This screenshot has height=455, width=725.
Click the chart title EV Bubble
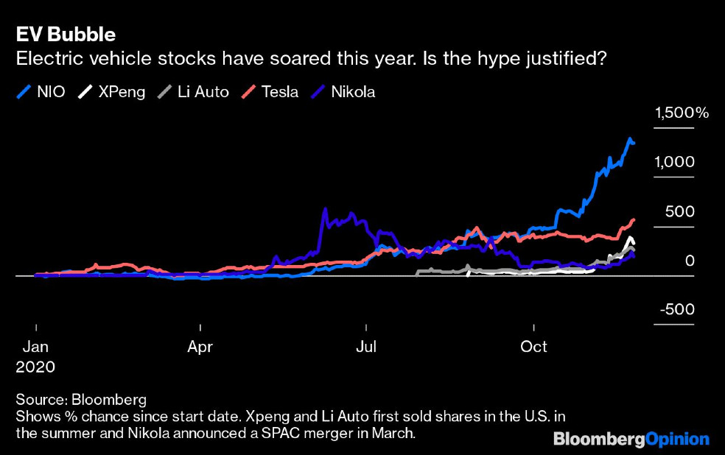(66, 35)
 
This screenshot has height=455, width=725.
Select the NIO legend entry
(41, 91)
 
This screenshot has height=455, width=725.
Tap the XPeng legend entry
(111, 92)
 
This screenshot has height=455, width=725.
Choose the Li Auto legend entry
(193, 91)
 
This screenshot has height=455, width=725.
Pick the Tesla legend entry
(270, 91)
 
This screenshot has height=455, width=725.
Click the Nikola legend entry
(343, 91)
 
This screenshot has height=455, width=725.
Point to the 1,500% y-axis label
(682, 113)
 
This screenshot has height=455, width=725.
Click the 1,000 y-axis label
(674, 162)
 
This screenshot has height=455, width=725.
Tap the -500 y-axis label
(677, 309)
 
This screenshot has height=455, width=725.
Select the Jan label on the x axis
(35, 347)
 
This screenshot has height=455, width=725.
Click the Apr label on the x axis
(200, 347)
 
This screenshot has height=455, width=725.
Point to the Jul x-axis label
(366, 347)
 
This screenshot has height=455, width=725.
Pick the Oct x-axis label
(533, 347)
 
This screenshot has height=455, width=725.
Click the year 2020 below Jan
(35, 367)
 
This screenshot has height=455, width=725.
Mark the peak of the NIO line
(629, 138)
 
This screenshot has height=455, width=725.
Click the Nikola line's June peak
(325, 209)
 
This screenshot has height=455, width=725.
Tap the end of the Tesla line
(634, 220)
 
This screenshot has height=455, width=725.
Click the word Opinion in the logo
(677, 440)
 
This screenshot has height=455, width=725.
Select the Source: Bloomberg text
(81, 400)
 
